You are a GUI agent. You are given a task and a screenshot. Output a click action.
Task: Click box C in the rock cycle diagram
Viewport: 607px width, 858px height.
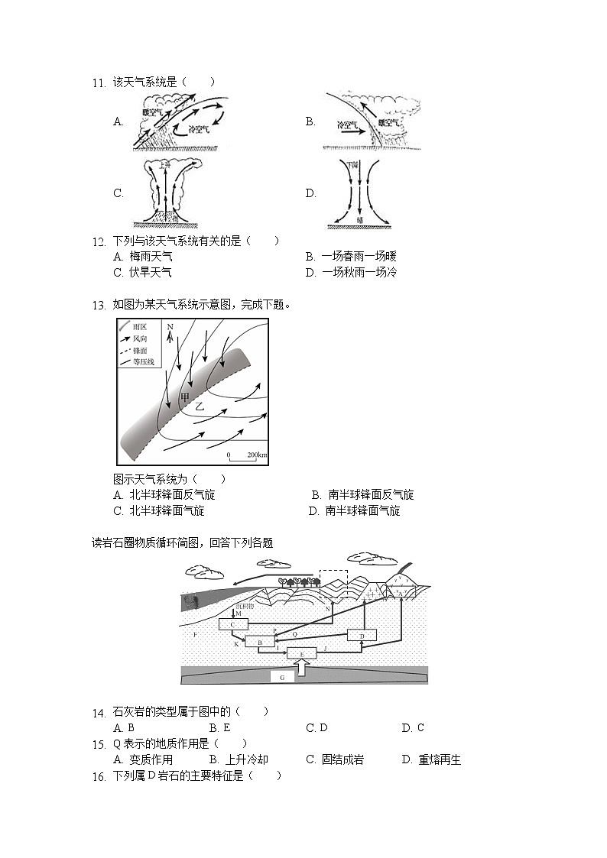click(x=232, y=624)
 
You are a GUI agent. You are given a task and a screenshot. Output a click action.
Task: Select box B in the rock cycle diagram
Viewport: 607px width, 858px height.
click(x=260, y=643)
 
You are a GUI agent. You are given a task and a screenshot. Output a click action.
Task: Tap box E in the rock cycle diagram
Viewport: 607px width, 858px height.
click(x=301, y=654)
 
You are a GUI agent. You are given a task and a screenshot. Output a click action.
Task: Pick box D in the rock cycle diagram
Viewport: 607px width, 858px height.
click(x=362, y=635)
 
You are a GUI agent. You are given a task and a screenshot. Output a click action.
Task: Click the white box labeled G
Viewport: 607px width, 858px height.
click(x=282, y=677)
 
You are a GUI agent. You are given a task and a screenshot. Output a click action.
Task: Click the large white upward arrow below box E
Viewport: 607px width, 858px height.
click(x=303, y=668)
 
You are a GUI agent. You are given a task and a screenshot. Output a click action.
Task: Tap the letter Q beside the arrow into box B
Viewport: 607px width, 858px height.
click(x=294, y=634)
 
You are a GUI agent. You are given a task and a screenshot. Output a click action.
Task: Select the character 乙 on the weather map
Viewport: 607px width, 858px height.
click(x=200, y=408)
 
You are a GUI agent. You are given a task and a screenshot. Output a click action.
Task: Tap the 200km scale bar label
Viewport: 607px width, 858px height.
click(x=255, y=455)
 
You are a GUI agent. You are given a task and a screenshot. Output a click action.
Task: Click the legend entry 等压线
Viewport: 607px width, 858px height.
click(x=143, y=361)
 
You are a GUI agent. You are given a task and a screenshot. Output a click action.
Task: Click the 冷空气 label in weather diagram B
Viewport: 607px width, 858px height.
click(x=348, y=124)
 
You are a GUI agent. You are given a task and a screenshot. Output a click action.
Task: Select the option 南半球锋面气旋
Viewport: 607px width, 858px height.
click(x=362, y=511)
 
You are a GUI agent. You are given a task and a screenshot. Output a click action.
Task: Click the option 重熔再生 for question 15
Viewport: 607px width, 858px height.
click(x=440, y=759)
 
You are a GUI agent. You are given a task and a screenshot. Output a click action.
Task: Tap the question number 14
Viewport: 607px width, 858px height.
click(x=98, y=713)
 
